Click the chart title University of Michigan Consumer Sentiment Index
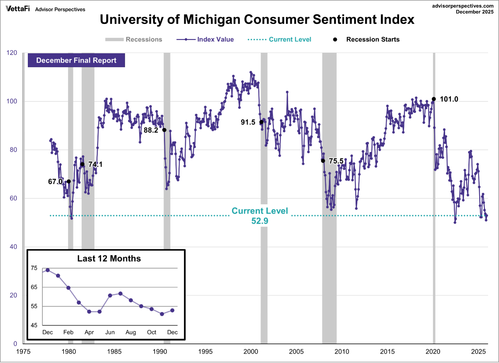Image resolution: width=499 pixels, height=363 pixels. [x=257, y=20]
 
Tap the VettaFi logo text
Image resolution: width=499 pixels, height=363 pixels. [x=18, y=8]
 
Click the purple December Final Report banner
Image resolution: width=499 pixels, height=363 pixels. [x=76, y=60]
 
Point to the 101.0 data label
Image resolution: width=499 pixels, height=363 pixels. [x=449, y=99]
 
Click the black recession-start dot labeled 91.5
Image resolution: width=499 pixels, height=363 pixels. [x=261, y=122]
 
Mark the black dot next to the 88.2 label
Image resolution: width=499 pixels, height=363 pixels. [x=164, y=130]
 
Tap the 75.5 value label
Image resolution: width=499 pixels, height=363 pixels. [x=336, y=161]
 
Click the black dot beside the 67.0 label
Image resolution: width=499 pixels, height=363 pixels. [x=69, y=181]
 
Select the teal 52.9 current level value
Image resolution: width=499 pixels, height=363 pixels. [x=259, y=221]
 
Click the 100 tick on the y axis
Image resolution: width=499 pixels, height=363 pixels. [x=12, y=101]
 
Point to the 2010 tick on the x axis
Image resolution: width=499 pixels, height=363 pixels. [x=342, y=352]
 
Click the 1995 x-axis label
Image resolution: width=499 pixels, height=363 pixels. [x=205, y=352]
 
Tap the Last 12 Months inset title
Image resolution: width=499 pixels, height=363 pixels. [x=109, y=259]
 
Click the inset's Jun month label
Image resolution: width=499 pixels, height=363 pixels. [x=110, y=332]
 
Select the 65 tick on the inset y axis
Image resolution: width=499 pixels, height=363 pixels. [x=34, y=287]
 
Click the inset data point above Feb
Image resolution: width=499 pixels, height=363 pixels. [x=68, y=288]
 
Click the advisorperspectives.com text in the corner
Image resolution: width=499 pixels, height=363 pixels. [x=463, y=6]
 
